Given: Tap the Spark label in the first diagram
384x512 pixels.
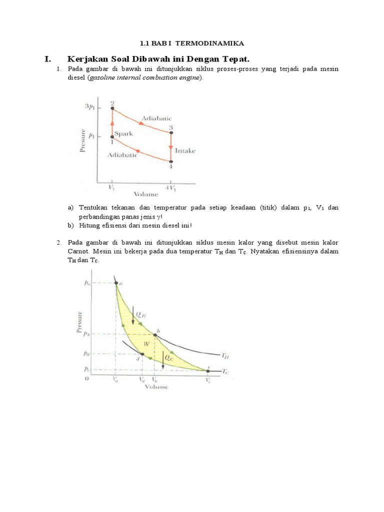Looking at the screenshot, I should click(123, 134).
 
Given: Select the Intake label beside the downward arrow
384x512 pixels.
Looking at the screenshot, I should click(185, 150).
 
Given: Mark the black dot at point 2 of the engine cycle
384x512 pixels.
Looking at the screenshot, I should click(112, 108).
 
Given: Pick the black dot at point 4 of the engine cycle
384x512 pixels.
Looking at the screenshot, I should click(171, 161).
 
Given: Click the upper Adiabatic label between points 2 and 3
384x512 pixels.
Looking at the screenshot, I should click(156, 118).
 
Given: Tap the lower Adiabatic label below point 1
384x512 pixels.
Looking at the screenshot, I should click(122, 155).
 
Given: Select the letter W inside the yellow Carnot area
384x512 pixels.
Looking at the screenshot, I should click(146, 344).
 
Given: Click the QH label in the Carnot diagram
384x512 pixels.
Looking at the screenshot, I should click(141, 314).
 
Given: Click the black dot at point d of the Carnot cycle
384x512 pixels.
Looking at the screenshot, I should click(142, 354).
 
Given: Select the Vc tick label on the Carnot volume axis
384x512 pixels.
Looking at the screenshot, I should click(207, 380).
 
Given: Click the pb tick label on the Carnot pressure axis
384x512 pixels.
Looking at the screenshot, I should click(86, 334).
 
